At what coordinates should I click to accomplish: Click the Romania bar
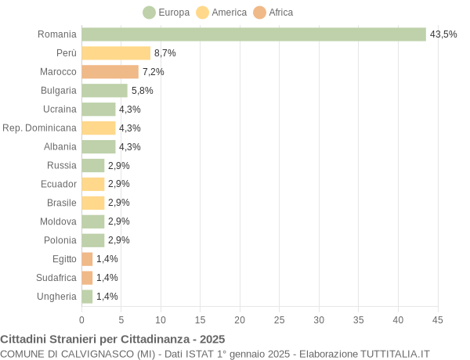[254, 34]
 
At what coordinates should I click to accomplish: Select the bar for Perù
[116, 53]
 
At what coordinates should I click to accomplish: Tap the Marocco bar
[110, 72]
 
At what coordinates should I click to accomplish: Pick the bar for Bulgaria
[104, 91]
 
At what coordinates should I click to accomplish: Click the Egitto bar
[87, 259]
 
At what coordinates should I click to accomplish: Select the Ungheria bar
[87, 297]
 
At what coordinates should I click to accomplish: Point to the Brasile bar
[93, 203]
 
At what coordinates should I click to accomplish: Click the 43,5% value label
[443, 34]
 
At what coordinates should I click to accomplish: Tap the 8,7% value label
[164, 53]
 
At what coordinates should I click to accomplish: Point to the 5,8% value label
[142, 91]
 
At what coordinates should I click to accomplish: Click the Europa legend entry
[166, 13]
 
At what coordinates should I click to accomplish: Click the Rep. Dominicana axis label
[40, 128]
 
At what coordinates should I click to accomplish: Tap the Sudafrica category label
[56, 278]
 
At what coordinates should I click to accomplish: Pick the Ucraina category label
[60, 109]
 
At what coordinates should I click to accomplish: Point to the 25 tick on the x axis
[280, 320]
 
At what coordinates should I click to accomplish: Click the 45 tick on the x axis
[437, 320]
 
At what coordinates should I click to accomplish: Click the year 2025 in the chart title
[211, 340]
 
